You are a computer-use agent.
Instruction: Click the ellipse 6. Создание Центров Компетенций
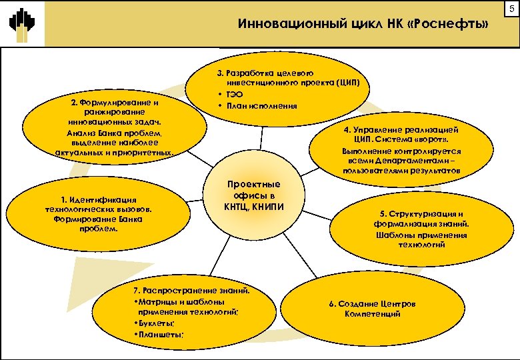coord(373,309)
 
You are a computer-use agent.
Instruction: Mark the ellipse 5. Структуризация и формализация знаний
coord(421,229)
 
